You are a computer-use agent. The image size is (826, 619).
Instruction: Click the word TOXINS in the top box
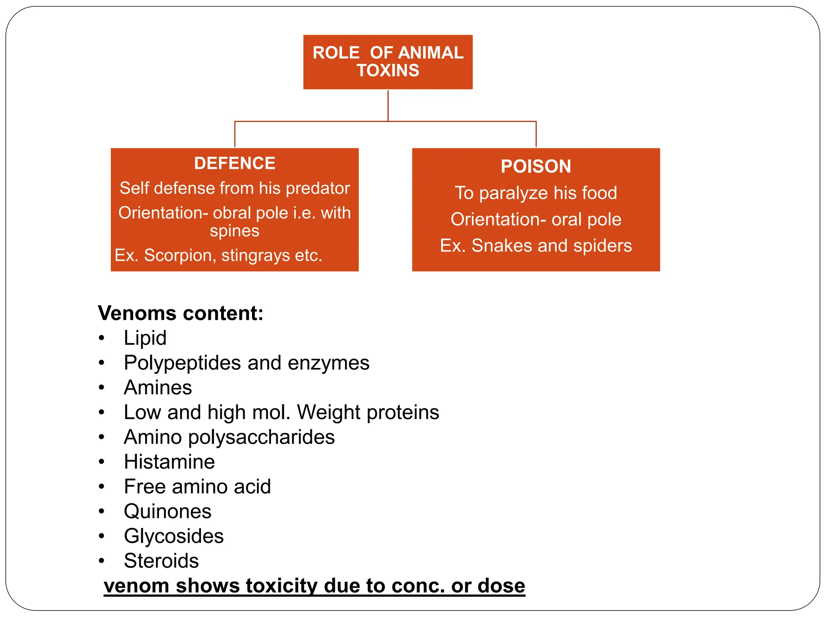tap(388, 71)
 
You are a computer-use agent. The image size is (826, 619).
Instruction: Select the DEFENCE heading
tap(235, 163)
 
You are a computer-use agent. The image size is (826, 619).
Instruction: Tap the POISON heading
tap(536, 166)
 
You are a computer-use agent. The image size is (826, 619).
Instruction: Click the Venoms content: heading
tap(181, 313)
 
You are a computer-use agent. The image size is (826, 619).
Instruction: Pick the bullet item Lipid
tap(145, 338)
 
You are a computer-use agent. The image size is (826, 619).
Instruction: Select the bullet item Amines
tap(158, 387)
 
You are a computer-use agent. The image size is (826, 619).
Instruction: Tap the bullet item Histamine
tap(169, 462)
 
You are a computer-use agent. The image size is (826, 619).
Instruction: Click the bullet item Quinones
tap(167, 511)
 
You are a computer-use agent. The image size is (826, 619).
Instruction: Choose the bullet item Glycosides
tap(173, 536)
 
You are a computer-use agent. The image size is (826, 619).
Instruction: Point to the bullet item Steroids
tap(161, 561)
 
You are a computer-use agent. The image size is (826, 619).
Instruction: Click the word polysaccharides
tap(261, 437)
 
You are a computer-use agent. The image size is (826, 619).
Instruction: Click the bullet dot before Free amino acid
tap(102, 487)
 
